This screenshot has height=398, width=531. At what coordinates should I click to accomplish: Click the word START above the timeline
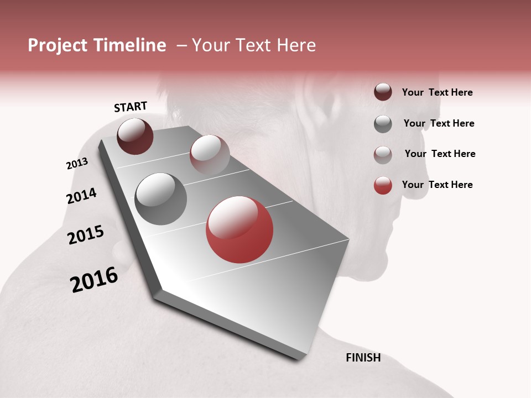(131, 107)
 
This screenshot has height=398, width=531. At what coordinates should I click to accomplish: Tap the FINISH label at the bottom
(363, 358)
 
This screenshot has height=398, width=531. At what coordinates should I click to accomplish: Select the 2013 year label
(77, 164)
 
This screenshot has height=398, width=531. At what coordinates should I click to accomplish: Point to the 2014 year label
(81, 196)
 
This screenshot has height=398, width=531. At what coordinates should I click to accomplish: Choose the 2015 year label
(86, 235)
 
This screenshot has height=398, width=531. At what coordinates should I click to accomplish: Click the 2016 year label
(94, 280)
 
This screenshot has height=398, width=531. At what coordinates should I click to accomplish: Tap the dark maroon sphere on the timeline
(135, 137)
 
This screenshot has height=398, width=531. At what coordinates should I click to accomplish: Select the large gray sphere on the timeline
(160, 199)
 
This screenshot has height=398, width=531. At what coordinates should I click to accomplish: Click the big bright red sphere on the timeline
(240, 229)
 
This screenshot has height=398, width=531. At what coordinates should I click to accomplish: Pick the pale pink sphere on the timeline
(210, 154)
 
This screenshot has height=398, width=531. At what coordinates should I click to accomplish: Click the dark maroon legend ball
(383, 92)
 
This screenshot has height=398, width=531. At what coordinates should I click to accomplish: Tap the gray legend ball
(383, 124)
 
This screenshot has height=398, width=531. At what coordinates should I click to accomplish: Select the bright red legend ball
(383, 185)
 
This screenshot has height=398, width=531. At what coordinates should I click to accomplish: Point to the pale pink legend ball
(383, 154)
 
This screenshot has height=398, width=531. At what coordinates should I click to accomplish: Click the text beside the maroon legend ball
(437, 92)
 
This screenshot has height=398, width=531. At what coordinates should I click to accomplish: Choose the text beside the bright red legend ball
(437, 185)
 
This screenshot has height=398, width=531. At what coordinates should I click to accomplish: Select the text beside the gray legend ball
(439, 123)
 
